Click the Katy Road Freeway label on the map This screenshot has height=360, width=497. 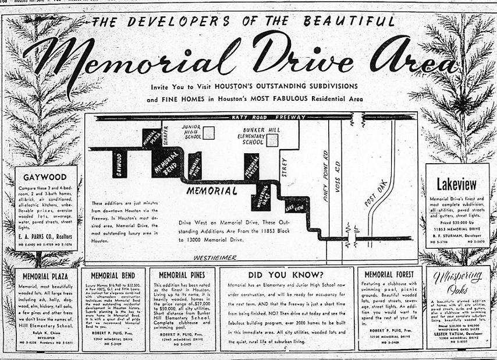268,117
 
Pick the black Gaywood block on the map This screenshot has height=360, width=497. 119,165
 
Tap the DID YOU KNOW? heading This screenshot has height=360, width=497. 287,273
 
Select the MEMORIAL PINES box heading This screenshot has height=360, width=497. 182,274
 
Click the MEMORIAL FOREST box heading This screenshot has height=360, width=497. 389,273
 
